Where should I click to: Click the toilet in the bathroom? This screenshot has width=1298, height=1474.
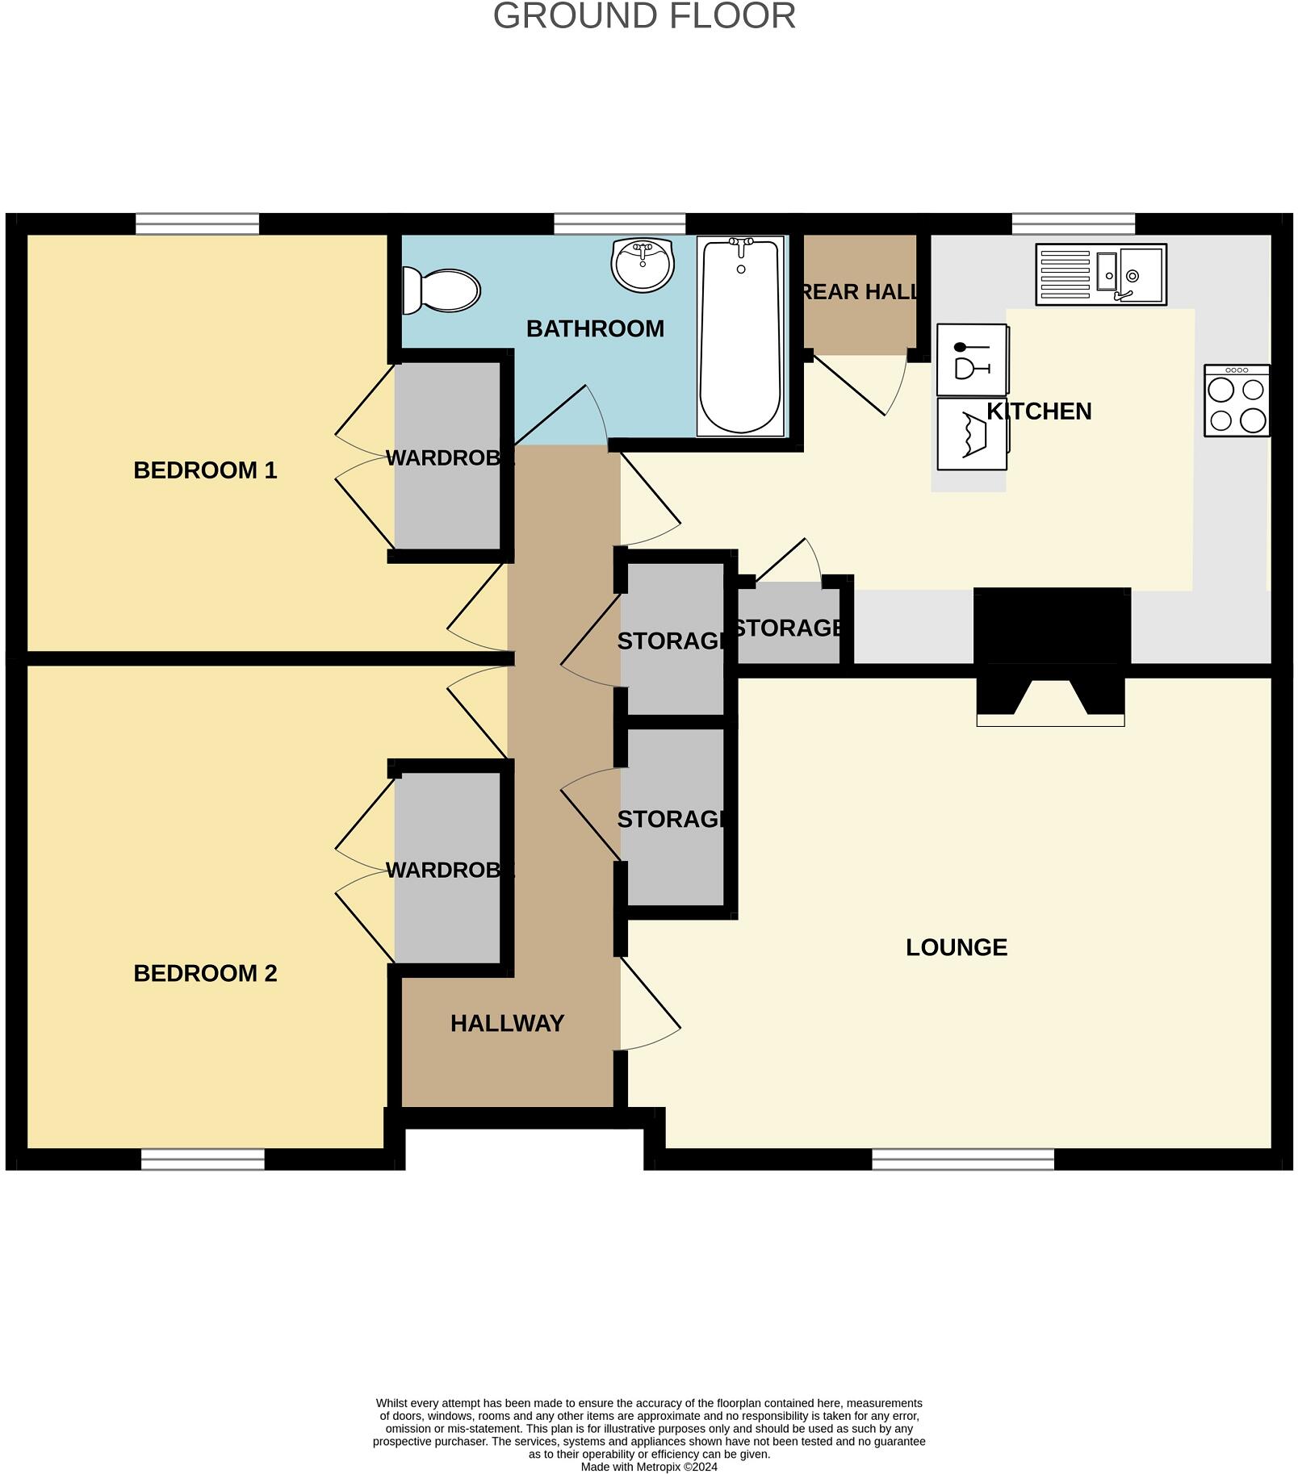[x=442, y=290]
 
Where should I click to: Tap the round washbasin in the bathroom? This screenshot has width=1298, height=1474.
[x=642, y=264]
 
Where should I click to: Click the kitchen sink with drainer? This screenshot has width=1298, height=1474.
[x=1100, y=274]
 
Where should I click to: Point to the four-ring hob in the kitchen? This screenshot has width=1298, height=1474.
[x=1236, y=401]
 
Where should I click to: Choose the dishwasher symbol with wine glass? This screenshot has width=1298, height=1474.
[x=972, y=360]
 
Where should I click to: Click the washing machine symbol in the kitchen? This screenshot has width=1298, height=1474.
[x=972, y=434]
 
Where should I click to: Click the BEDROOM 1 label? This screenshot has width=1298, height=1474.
[x=205, y=470]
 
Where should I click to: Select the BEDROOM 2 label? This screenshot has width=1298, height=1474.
[x=205, y=974]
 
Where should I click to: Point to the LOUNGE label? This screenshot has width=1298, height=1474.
[x=956, y=947]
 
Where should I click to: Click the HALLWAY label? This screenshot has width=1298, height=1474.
[x=507, y=1024]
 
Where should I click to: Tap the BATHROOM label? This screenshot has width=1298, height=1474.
[x=595, y=329]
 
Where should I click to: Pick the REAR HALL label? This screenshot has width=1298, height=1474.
[x=860, y=292]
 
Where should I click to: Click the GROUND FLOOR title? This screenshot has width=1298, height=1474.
[x=644, y=17]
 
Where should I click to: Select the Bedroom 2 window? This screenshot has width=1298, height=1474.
[x=203, y=1159]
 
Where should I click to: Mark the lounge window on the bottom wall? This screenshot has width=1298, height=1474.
[x=962, y=1159]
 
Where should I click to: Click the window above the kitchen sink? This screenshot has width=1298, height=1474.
[x=1073, y=223]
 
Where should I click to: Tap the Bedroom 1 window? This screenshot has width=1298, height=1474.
[x=197, y=223]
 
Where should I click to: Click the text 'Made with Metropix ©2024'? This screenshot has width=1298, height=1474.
[x=649, y=1467]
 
